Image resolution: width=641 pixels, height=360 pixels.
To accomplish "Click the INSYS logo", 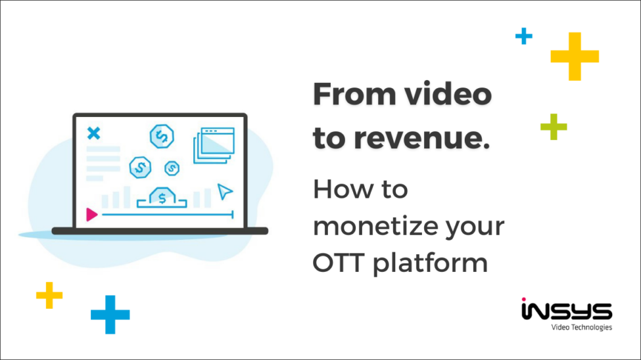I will point(566,309).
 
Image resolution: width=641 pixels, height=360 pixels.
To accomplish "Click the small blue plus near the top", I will point(523,36).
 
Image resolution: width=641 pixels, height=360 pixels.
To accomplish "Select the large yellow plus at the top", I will point(575,56).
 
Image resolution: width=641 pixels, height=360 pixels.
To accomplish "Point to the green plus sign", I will point(554,126).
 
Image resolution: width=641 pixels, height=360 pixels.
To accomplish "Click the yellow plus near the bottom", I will point(49,295).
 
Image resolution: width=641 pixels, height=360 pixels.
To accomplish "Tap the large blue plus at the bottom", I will point(110,314).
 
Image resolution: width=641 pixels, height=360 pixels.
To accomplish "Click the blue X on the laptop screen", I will point(94,134).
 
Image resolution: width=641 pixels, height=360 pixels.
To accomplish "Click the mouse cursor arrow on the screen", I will point(225,191).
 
